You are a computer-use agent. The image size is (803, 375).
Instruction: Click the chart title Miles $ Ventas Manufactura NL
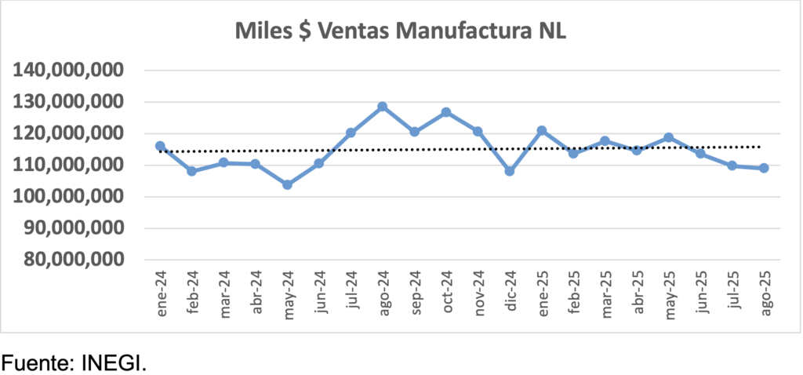pos(401,31)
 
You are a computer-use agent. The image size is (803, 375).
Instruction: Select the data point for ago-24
pos(383,107)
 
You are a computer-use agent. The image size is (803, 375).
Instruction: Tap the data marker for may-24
pos(287,185)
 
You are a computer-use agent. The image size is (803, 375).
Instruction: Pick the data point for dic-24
pos(510,171)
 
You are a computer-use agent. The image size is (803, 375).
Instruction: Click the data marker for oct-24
pos(446,112)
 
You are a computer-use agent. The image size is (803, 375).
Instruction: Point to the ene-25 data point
pos(541,130)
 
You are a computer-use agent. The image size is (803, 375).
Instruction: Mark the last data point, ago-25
pos(764,168)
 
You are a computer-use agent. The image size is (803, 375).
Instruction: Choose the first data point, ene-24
pos(160,146)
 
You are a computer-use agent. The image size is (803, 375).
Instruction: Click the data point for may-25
pos(668,138)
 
